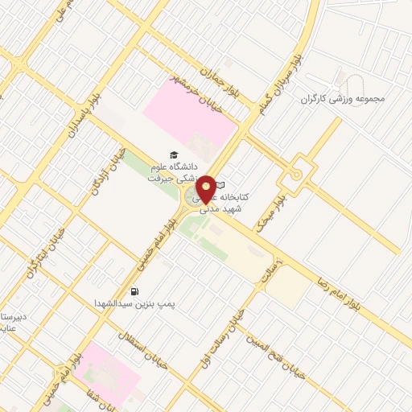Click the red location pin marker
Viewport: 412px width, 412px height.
coord(207,188)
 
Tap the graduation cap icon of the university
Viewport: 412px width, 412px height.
coord(171,154)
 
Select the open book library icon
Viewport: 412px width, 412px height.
coord(220,186)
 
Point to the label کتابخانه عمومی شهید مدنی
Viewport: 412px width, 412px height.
coord(245,202)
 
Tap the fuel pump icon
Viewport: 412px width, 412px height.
coord(134,291)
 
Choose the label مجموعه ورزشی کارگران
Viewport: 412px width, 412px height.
coord(344,99)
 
